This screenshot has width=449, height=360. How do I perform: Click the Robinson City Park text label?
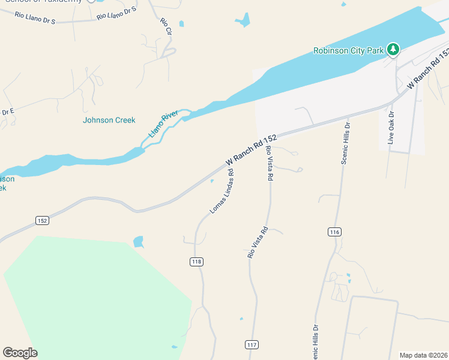click(x=348, y=51)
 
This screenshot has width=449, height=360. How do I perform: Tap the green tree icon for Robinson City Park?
click(x=393, y=49)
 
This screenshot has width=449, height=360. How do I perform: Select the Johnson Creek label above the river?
click(x=109, y=120)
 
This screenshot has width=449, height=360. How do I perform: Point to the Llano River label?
click(x=164, y=124)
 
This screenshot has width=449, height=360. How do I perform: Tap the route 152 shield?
click(x=41, y=220)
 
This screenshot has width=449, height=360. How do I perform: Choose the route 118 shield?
click(x=197, y=261)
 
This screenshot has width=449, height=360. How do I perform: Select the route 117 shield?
click(x=252, y=344)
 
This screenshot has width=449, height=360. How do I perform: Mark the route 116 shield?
click(x=335, y=232)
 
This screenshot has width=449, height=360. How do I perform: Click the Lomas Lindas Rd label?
click(x=221, y=191)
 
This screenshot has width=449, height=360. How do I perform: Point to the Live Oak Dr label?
click(x=391, y=128)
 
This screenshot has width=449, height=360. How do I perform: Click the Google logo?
click(x=20, y=353)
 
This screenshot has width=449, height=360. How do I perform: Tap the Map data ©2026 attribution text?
click(x=423, y=355)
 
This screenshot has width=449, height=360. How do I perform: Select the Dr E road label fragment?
click(x=7, y=112)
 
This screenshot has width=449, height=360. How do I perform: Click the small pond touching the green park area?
click(x=139, y=242)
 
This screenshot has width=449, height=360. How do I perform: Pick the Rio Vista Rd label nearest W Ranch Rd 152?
click(x=270, y=163)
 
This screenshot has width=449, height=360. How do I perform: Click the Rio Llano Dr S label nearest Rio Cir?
click(x=117, y=14)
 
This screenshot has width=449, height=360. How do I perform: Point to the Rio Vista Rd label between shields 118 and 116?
click(x=257, y=242)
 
